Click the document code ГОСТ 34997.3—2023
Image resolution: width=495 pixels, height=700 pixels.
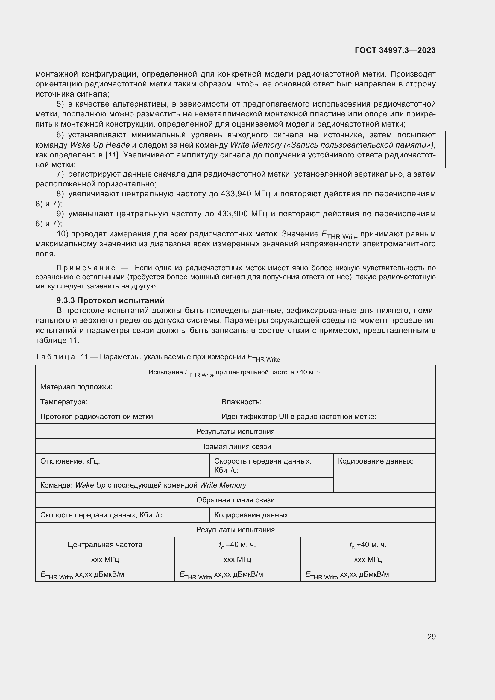pyautogui.click(x=395, y=50)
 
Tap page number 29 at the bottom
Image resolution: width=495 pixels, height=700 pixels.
pyautogui.click(x=431, y=637)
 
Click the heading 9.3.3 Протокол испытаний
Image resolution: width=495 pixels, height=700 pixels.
pyautogui.click(x=110, y=300)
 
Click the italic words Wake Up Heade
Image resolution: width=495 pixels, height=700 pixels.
pyautogui.click(x=100, y=145)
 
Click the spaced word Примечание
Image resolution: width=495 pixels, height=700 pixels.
pyautogui.click(x=86, y=268)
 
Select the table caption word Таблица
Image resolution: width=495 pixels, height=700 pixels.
pyautogui.click(x=55, y=357)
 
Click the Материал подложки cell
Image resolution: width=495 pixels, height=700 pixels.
pyautogui.click(x=76, y=387)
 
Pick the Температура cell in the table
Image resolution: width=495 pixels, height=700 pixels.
pyautogui.click(x=64, y=402)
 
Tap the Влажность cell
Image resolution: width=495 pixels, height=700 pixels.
pyautogui.click(x=242, y=402)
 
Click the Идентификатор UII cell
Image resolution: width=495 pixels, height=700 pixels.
pyautogui.click(x=299, y=417)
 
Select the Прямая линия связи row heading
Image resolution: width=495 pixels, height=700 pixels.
pyautogui.click(x=235, y=446)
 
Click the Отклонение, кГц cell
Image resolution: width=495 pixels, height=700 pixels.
pyautogui.click(x=70, y=461)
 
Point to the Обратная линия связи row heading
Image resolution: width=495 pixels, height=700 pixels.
pyautogui.click(x=235, y=500)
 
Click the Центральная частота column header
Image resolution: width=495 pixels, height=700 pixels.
pyautogui.click(x=105, y=545)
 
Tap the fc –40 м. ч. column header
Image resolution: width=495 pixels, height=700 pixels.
pyautogui.click(x=237, y=545)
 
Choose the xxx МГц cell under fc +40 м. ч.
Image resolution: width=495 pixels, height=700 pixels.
pyautogui.click(x=368, y=560)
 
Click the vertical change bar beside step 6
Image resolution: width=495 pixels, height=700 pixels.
pyautogui.click(x=445, y=149)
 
